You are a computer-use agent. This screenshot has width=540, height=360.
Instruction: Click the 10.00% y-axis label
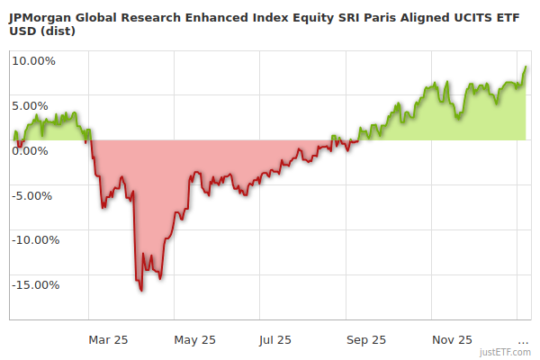tap(33, 61)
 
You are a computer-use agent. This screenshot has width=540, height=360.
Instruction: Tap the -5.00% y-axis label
tap(34, 195)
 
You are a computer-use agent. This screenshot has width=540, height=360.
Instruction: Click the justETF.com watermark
tap(507, 352)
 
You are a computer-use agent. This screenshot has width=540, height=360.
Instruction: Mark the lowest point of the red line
tap(141, 290)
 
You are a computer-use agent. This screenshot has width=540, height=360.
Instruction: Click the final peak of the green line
tap(526, 67)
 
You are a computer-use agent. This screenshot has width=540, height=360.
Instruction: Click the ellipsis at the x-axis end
tap(524, 340)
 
